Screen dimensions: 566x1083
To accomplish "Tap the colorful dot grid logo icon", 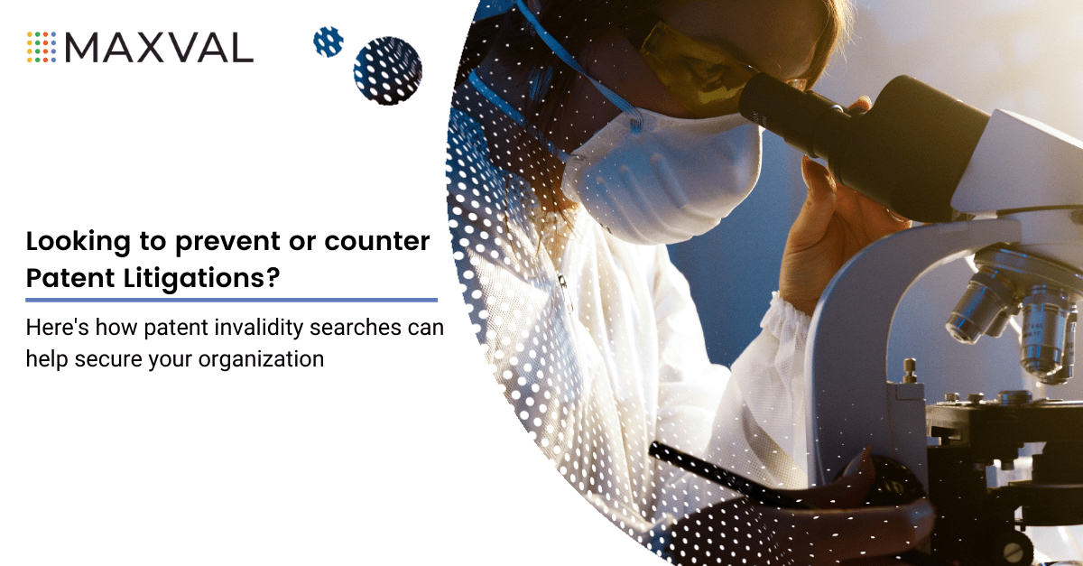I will point(42,47).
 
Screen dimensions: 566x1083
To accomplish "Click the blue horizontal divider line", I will point(231,299).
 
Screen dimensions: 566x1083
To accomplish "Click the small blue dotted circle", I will point(328,42).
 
